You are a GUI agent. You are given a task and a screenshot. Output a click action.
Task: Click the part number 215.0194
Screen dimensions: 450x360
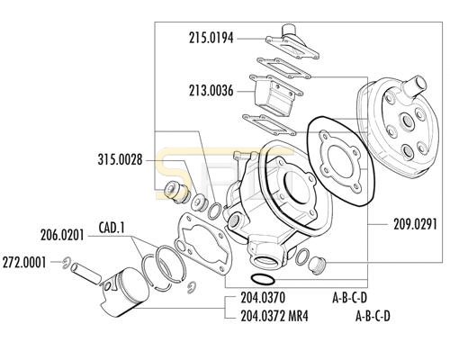coord(211,39)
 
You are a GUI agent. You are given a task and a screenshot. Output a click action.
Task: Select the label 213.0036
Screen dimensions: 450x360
coord(211,91)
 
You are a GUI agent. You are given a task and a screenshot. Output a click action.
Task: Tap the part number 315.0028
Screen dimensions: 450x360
coord(120,159)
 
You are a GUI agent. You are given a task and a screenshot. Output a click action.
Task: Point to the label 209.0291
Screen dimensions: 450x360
coord(415,224)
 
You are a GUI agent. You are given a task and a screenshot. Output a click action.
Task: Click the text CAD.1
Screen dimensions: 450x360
coord(112,228)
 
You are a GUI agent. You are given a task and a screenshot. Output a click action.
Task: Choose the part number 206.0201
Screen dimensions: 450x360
coord(62,236)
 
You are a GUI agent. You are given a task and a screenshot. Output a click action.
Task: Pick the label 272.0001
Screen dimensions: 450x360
coord(24,263)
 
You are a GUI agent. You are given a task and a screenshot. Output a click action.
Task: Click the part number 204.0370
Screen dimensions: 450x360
coord(263,298)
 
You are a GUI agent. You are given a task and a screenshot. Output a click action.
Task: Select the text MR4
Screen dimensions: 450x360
coord(298,316)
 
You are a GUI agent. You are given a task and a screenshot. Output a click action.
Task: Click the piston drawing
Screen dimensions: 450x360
coord(124,293)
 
